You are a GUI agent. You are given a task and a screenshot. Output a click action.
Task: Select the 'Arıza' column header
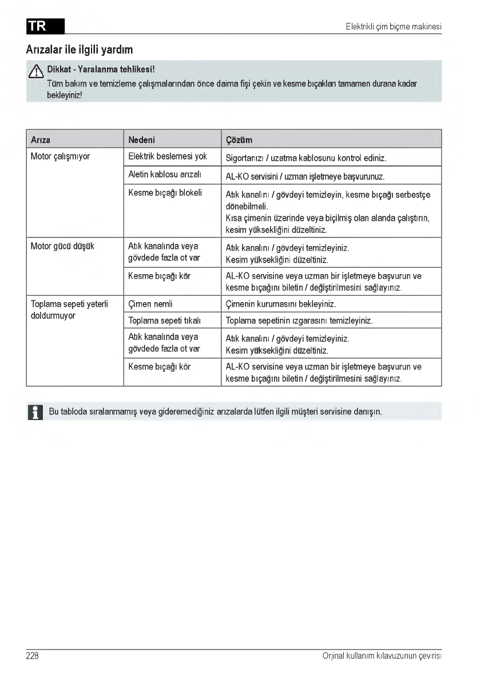coord(40,140)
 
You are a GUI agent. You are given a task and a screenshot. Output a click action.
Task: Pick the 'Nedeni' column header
coord(142,140)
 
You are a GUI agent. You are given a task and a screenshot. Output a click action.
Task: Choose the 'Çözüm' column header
coord(239,140)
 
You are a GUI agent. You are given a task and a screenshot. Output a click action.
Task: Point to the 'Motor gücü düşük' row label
coord(62,247)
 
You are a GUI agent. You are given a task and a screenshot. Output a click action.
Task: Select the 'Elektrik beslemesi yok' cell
coord(168,156)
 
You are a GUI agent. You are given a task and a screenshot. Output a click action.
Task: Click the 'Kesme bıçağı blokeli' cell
coord(165,193)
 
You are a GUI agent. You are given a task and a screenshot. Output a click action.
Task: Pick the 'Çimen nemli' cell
coord(150,304)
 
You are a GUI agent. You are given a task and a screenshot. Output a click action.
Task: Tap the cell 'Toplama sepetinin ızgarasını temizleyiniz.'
coord(299,320)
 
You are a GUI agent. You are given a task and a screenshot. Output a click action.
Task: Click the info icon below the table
coord(35,412)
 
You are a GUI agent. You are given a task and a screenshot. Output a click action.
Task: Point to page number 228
coord(33,656)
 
